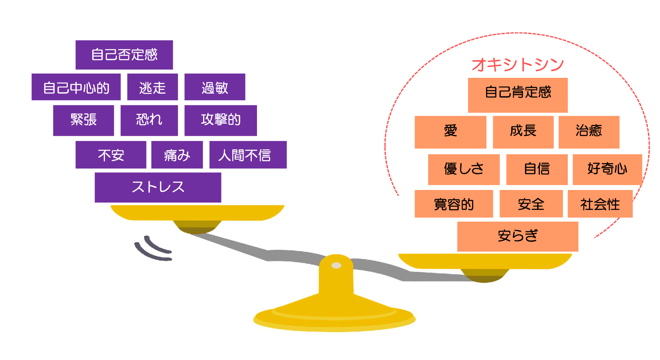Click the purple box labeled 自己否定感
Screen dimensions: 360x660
coord(124,55)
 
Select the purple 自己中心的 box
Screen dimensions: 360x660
coord(76,87)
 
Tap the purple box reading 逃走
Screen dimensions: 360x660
coord(152,87)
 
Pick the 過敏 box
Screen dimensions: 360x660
coord(215,87)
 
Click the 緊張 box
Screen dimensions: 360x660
coord(83,120)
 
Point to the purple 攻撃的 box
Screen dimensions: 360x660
coord(220,120)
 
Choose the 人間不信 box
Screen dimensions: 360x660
coord(248,155)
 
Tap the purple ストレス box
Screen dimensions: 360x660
coord(158,187)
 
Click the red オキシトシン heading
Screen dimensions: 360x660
coord(518,64)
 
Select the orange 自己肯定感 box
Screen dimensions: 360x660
coord(518,95)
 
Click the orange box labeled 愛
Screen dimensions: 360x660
coord(450,132)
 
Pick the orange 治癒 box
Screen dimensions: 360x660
coord(589,132)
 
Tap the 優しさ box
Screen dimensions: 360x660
coord(464,169)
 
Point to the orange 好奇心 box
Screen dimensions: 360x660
coord(607,169)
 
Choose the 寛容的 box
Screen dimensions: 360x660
coord(454,204)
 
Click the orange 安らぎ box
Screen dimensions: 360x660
coord(518,236)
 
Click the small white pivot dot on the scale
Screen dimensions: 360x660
coord(336,265)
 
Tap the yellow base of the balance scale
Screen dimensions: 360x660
coord(334,317)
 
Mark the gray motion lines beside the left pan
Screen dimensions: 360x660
coord(153,249)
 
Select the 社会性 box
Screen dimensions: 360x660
coord(600,204)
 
